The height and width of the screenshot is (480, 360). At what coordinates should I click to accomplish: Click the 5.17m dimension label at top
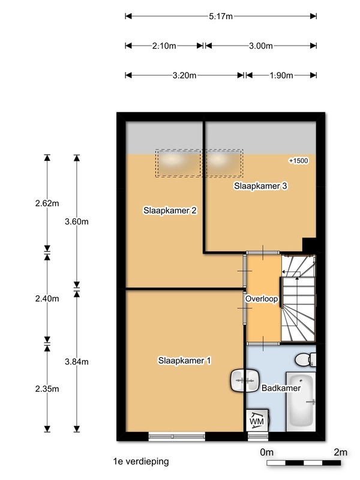click(221, 16)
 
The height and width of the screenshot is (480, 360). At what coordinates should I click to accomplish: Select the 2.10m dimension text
click(164, 46)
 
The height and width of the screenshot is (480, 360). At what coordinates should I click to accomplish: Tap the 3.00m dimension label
click(261, 46)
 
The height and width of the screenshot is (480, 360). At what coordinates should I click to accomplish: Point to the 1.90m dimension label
click(281, 76)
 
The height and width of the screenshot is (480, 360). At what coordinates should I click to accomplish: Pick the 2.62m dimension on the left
click(47, 203)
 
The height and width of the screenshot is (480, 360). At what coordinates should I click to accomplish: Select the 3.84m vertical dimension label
click(76, 361)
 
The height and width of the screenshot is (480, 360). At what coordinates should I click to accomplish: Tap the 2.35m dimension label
click(47, 388)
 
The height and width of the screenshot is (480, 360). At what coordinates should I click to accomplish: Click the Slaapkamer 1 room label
click(184, 361)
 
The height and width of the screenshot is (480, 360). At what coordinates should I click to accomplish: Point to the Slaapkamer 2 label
click(170, 211)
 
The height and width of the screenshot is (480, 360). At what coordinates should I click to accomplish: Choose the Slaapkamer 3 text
click(260, 186)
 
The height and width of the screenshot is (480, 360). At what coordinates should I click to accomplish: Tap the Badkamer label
click(280, 388)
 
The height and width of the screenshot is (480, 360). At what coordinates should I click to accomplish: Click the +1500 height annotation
click(298, 161)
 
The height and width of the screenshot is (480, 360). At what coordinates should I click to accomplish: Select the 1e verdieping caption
click(140, 461)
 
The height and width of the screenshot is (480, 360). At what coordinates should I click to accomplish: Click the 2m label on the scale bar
click(340, 452)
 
